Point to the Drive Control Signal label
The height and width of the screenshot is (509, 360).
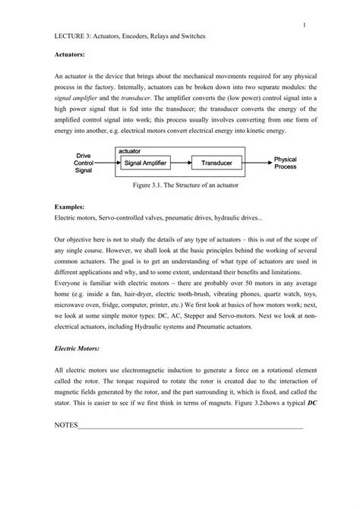84,163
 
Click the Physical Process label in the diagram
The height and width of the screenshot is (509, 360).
285,163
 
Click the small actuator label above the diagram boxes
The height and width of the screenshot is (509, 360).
131,152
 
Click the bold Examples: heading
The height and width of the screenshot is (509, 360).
70,207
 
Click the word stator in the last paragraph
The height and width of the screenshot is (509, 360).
65,395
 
